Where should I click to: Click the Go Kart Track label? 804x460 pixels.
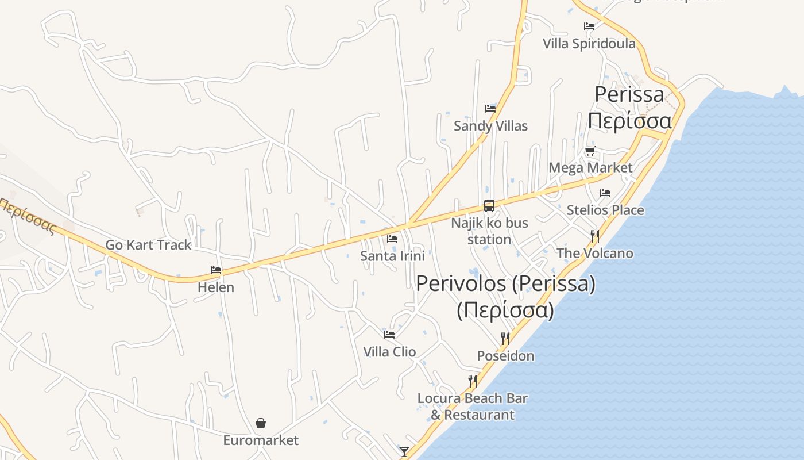[148, 245]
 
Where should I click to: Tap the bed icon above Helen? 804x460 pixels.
[216, 270]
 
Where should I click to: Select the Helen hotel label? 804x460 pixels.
[216, 287]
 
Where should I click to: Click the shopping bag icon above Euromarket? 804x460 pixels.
[261, 424]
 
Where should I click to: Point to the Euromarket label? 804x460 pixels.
[261, 440]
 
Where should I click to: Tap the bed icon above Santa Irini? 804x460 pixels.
[393, 239]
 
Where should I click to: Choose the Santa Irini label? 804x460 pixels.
[393, 256]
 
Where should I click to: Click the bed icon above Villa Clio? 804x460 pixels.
[389, 334]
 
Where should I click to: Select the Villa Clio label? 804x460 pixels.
[389, 351]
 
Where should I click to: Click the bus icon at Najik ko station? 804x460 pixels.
[489, 205]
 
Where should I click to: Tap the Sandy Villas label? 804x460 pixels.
[490, 126]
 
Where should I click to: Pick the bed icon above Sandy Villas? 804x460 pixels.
[490, 108]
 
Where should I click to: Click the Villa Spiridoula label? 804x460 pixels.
[589, 44]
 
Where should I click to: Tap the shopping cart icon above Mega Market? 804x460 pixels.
[590, 151]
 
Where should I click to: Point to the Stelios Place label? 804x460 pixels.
[605, 210]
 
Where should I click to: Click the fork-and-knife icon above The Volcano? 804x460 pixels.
[595, 236]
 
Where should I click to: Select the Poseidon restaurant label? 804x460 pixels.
[505, 356]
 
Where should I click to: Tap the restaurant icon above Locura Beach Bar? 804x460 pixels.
[472, 381]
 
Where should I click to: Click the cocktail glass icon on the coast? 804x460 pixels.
[404, 452]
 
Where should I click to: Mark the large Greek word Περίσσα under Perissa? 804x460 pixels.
[629, 121]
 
